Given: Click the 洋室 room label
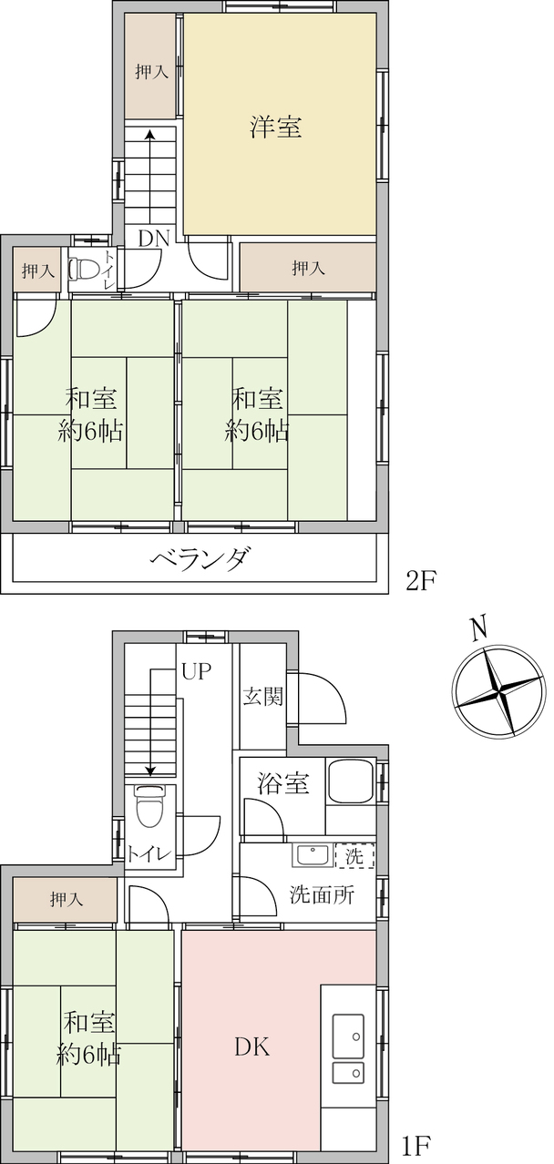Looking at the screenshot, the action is [x=276, y=127].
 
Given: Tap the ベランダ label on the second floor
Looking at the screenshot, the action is [x=200, y=558].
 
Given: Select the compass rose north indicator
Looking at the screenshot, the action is [x=499, y=691].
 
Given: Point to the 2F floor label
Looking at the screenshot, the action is [x=420, y=580].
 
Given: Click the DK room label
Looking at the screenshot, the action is [x=252, y=1047].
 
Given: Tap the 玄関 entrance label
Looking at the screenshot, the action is [x=263, y=696].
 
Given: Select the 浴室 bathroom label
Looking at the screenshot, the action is [x=283, y=782].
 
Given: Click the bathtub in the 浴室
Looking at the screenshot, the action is [x=350, y=781].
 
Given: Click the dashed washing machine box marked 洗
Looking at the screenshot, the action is [x=354, y=855].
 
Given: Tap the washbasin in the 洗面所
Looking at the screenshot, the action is [x=313, y=855].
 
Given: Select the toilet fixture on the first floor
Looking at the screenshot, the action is [x=149, y=806].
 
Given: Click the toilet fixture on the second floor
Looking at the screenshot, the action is [x=83, y=269].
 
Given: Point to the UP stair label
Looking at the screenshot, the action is [x=197, y=671].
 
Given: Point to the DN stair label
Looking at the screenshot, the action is [x=154, y=239].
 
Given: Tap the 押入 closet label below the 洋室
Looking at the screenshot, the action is [x=309, y=268].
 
